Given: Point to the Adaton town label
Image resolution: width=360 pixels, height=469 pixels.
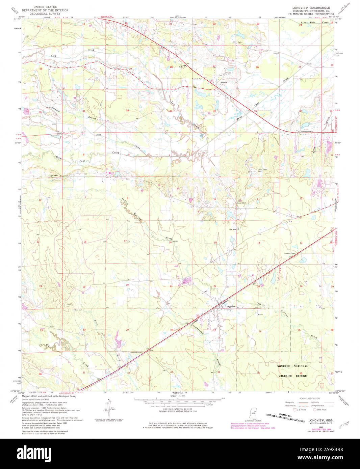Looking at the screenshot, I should click(224, 82).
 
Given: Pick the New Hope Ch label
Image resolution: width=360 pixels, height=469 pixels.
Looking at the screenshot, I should click(234, 229).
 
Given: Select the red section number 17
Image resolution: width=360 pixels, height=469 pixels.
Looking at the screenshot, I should click(125, 241).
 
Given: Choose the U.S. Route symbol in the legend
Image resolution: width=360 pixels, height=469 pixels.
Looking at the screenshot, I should click(294, 410).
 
